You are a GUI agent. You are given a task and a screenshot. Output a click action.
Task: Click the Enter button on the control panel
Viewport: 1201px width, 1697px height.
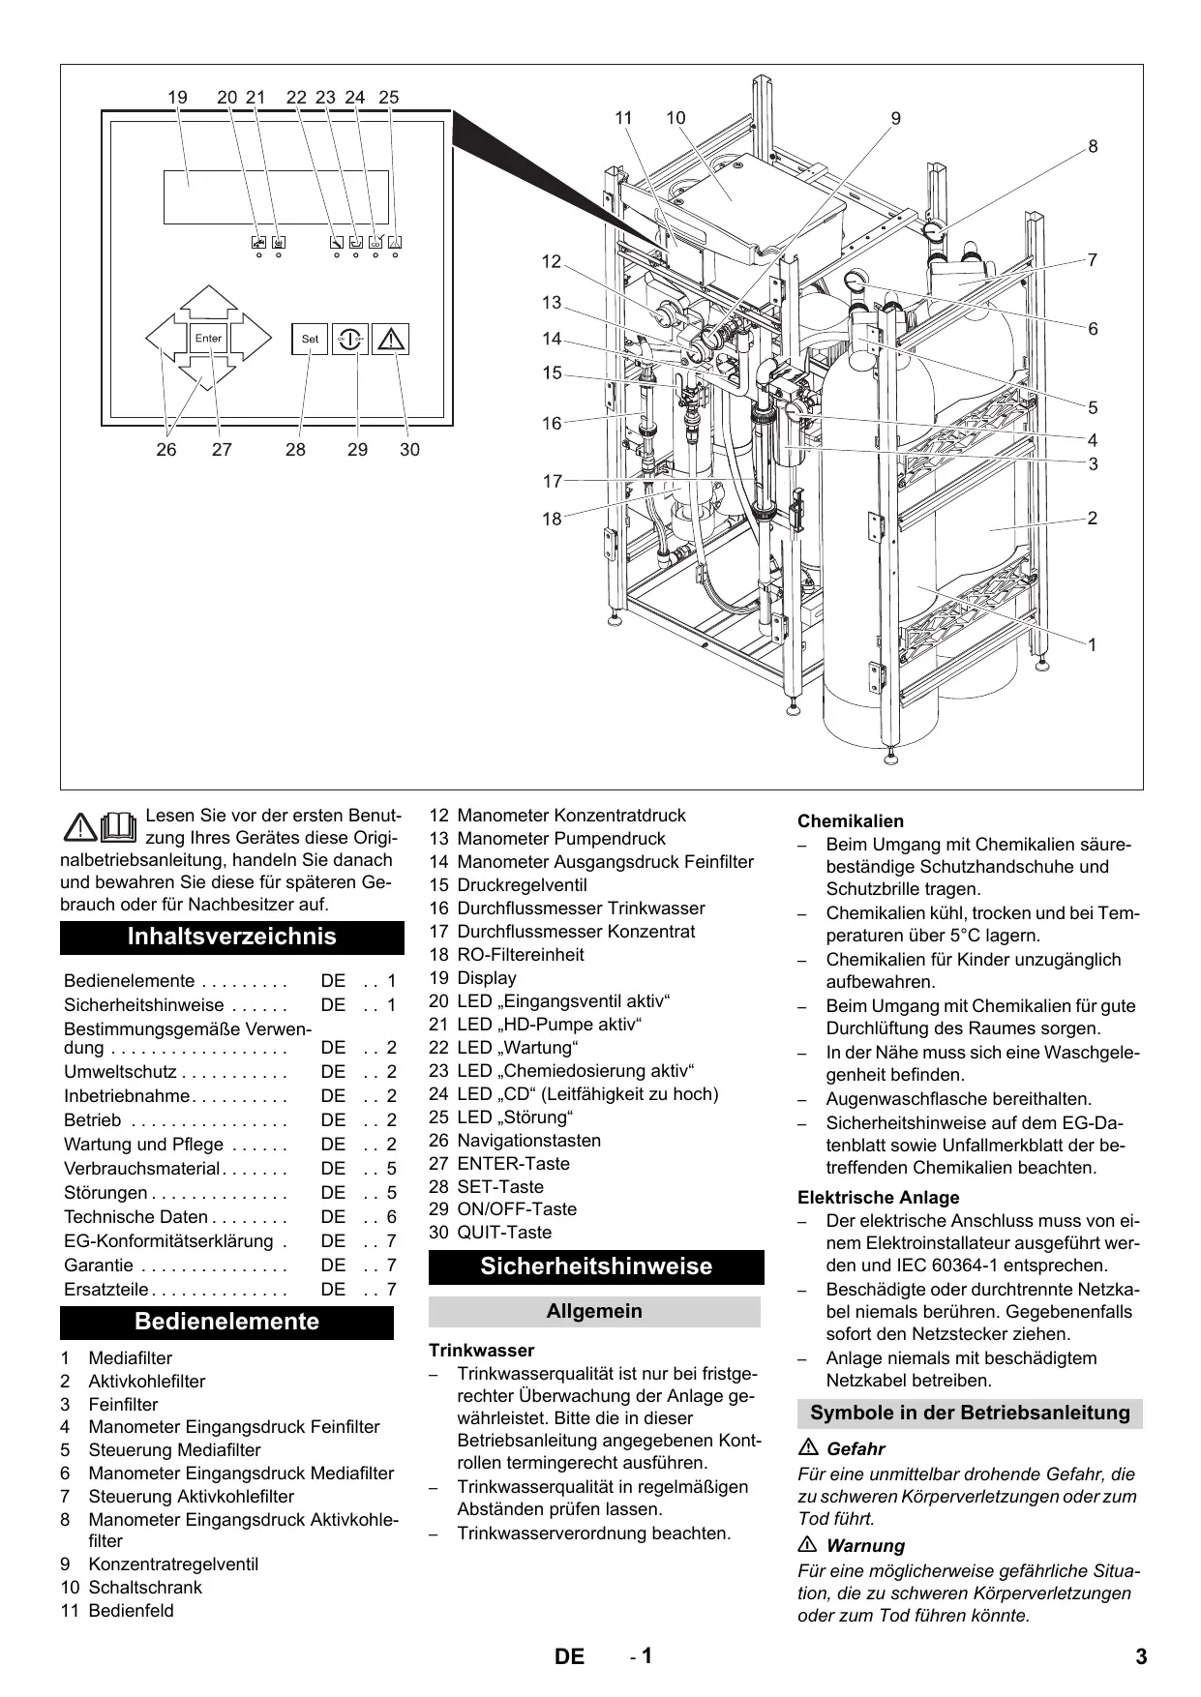208,339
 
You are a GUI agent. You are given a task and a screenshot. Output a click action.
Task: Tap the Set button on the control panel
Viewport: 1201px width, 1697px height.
310,339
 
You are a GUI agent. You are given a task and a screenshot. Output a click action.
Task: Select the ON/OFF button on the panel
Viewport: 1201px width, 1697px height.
350,339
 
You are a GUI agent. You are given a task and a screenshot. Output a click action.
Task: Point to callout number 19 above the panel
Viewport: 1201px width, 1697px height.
177,97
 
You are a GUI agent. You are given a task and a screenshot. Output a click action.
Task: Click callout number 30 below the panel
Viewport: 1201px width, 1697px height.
409,450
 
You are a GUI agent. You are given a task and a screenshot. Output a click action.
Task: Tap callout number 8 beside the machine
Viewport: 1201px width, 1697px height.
1093,147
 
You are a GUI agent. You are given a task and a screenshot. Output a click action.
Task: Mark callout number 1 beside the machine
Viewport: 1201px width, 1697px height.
1093,644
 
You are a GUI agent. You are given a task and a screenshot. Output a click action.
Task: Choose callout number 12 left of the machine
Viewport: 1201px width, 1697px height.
552,262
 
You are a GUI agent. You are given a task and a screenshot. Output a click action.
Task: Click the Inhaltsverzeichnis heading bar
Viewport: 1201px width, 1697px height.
232,937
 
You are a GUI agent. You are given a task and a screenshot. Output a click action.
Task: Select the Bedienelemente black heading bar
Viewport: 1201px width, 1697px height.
227,1322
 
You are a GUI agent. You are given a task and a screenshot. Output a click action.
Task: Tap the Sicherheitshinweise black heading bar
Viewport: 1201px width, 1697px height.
596,1266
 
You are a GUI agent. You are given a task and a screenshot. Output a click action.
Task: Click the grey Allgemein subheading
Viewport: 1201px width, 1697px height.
594,1311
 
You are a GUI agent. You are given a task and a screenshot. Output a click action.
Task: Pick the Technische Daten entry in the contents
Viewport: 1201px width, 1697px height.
135,1217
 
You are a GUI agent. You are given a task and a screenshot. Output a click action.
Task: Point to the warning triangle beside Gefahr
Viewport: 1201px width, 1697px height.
809,1449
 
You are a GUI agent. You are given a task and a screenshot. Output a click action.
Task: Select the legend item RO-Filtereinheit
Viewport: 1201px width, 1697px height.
520,955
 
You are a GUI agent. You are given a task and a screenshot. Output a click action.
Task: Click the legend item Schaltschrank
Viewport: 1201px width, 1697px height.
145,1588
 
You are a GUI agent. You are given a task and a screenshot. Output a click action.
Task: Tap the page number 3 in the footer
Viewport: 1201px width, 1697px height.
1141,1656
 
